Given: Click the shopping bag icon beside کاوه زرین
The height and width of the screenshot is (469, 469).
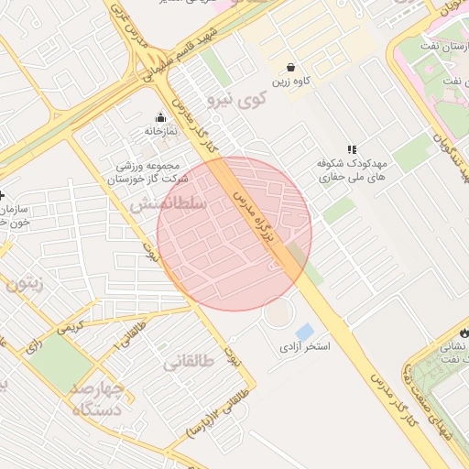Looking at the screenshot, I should (x=290, y=67).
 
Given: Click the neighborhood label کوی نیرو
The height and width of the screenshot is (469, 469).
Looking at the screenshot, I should (x=236, y=97).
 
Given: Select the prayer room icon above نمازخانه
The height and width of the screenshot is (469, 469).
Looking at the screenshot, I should (x=161, y=117).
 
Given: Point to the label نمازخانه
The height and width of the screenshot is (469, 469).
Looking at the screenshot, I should (x=158, y=132).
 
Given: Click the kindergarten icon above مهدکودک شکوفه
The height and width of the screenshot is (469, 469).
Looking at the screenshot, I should (x=350, y=148).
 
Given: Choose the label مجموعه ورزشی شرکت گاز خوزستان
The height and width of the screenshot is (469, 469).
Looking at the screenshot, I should (x=151, y=173).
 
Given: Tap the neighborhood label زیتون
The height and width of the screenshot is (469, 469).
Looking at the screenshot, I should (x=25, y=285).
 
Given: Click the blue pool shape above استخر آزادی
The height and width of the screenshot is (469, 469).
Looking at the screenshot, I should (x=304, y=331).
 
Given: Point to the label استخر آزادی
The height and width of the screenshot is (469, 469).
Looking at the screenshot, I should (x=304, y=348).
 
